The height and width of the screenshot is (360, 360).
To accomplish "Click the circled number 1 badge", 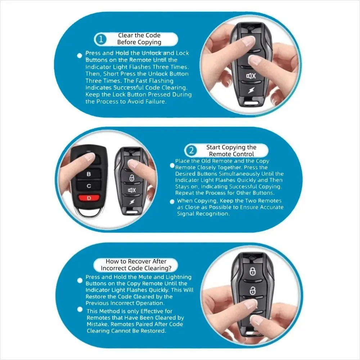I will click(101, 39).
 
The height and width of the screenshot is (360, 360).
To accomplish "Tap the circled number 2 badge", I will click(192, 150).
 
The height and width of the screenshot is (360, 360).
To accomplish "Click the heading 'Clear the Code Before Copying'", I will click(139, 39).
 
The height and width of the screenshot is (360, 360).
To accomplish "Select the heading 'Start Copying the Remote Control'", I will click(231, 150).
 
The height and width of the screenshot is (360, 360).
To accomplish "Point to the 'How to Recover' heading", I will click(136, 265).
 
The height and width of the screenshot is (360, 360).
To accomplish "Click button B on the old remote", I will click(89, 174).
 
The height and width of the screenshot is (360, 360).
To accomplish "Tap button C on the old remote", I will click(89, 186).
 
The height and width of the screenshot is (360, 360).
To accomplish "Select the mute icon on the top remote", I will click(251, 76).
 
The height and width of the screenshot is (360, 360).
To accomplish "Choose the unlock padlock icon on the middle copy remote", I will click(132, 178).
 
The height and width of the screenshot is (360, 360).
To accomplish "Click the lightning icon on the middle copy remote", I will click(131, 202).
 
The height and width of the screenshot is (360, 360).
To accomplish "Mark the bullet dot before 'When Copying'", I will click(172, 202).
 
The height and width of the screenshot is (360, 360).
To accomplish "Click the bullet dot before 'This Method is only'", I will click(80, 310).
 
